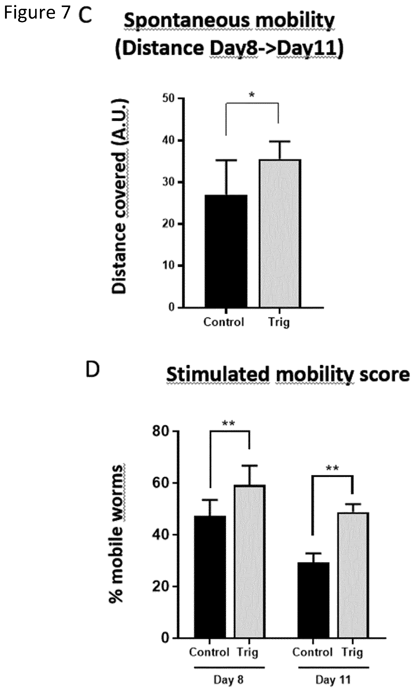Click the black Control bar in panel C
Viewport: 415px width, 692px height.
pyautogui.click(x=226, y=251)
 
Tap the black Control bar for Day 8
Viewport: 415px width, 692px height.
pyautogui.click(x=210, y=577)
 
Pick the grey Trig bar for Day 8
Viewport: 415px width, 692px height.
pyautogui.click(x=250, y=562)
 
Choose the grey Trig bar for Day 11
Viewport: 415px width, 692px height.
pyautogui.click(x=353, y=575)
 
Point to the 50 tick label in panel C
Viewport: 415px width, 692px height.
pyautogui.click(x=168, y=98)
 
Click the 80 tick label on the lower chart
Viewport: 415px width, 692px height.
pyautogui.click(x=161, y=431)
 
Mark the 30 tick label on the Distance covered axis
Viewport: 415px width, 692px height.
pyautogui.click(x=168, y=182)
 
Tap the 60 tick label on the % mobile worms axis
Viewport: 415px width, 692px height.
pyautogui.click(x=161, y=483)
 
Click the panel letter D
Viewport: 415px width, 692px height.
pyautogui.click(x=93, y=369)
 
